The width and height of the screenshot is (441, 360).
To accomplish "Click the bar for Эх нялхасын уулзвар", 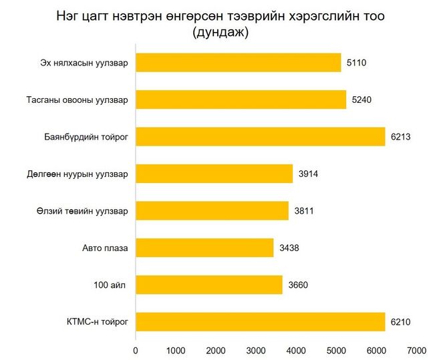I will (238, 63).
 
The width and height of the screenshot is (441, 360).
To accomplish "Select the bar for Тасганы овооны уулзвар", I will (241, 100).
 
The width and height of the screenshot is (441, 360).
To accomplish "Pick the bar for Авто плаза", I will (204, 248).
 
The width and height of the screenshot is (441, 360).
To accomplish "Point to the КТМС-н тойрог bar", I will (260, 323).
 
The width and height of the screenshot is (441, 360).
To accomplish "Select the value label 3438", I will (288, 248).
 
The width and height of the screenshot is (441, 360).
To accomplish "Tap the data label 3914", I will (307, 174).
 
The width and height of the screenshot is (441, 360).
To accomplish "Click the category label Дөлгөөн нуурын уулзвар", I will (84, 175).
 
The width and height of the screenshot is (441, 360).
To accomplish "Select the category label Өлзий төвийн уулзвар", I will (86, 212).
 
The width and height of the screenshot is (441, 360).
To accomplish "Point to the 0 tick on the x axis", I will (136, 349).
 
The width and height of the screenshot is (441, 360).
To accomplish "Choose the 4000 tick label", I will (296, 349).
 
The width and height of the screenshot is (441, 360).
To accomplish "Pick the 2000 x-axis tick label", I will (216, 349).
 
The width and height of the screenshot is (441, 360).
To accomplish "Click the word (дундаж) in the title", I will (220, 33).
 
